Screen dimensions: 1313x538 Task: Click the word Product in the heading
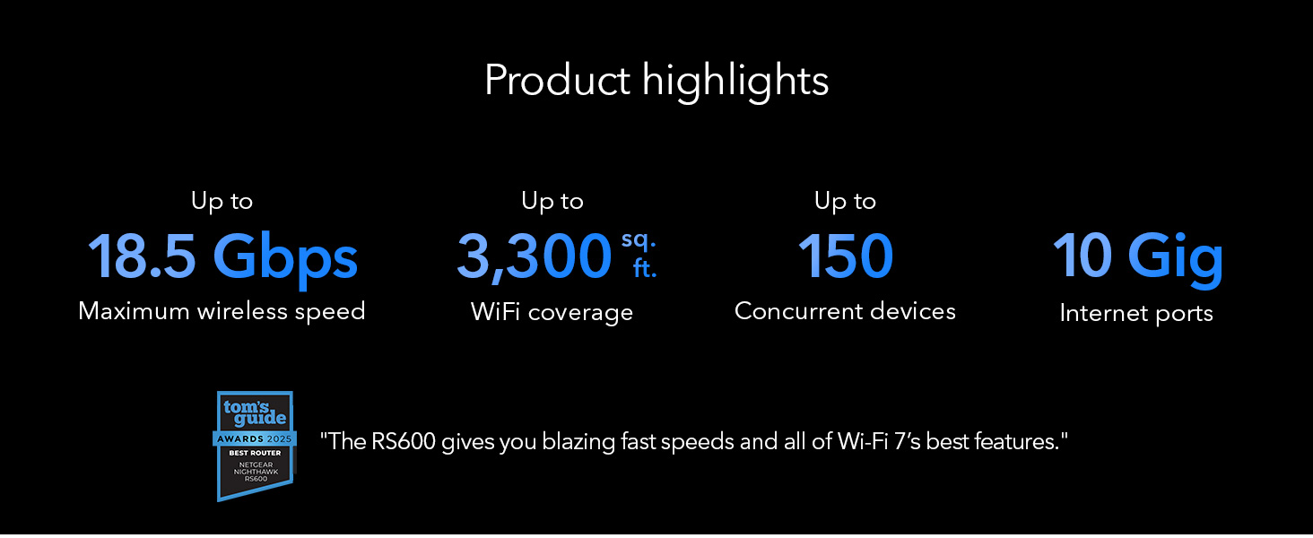coord(558,80)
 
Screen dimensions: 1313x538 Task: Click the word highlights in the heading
coord(735,82)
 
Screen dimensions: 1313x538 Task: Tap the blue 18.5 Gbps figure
coord(222,258)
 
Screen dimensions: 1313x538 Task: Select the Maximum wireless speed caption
coord(222,311)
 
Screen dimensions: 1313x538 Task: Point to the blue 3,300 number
coord(535,256)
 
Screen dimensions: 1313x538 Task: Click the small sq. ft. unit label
coord(639,255)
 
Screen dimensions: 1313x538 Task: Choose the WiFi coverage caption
coord(552,312)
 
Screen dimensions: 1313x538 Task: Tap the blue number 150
coord(845,256)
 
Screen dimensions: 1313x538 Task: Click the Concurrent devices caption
coord(845,311)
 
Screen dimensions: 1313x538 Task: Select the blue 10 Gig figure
coord(1138,258)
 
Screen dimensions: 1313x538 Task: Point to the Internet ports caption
coord(1136,313)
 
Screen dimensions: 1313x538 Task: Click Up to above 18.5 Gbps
coord(222,202)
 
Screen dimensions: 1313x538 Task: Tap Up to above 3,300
coord(552,202)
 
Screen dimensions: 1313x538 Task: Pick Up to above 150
coord(845,202)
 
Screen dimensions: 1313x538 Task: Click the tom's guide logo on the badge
coord(255,412)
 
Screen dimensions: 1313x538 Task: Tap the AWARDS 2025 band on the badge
coord(255,439)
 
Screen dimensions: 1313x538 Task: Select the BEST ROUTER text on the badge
coord(255,453)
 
